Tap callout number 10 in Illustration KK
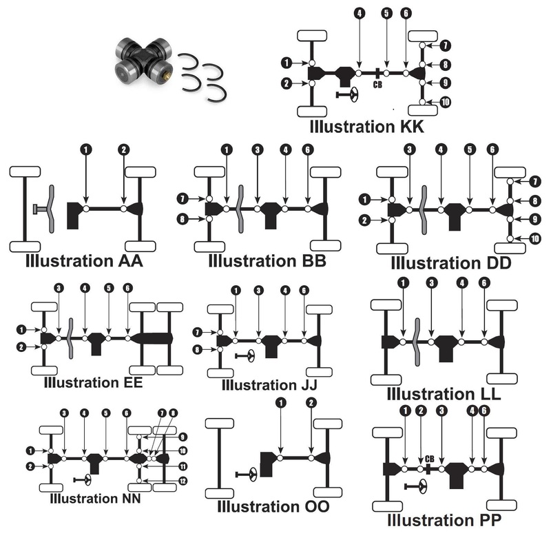pyautogui.click(x=446, y=102)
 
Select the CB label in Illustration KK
pyautogui.click(x=377, y=85)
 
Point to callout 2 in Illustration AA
pyautogui.click(x=124, y=149)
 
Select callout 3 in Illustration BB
pyautogui.click(x=257, y=149)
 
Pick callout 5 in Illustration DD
pyautogui.click(x=469, y=149)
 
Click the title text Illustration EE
pyautogui.click(x=92, y=382)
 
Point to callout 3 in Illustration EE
pyautogui.click(x=59, y=287)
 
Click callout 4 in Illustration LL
pyautogui.click(x=462, y=282)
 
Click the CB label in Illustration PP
pyautogui.click(x=430, y=459)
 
